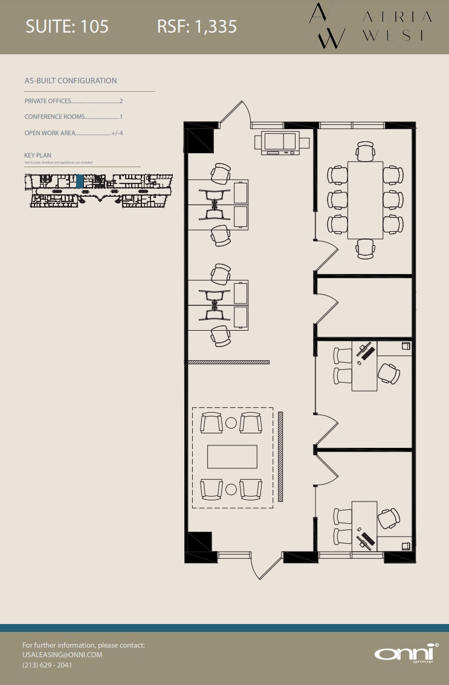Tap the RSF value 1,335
click(x=215, y=27)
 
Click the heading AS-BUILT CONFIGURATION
click(x=71, y=81)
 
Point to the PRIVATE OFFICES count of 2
click(x=121, y=101)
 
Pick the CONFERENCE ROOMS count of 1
click(x=121, y=117)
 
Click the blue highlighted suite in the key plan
click(x=80, y=181)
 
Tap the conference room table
click(x=365, y=200)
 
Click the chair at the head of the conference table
click(x=365, y=151)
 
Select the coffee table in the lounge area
click(x=232, y=456)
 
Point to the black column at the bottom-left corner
click(x=199, y=542)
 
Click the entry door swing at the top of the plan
click(x=237, y=114)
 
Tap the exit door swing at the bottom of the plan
click(x=266, y=567)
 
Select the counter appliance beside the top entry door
click(x=282, y=142)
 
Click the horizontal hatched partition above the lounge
click(x=228, y=362)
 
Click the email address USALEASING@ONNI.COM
click(x=62, y=655)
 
